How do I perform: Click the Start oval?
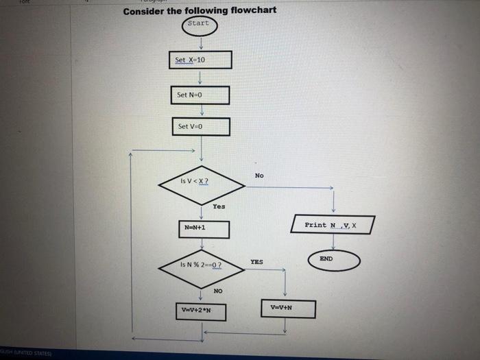tap(200, 25)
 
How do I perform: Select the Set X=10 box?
tap(200, 60)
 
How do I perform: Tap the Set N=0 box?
tap(200, 95)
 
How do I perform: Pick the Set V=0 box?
tap(200, 127)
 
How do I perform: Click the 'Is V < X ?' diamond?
tap(200, 182)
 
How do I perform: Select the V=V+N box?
tap(287, 309)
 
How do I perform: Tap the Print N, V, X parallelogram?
tap(333, 225)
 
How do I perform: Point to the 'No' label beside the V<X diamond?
tap(259, 176)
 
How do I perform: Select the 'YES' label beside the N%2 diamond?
tap(256, 262)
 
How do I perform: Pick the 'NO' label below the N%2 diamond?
tap(217, 291)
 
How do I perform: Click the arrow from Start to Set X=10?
tap(200, 43)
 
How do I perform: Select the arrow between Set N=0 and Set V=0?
tap(200, 111)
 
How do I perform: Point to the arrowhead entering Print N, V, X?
tap(333, 211)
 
